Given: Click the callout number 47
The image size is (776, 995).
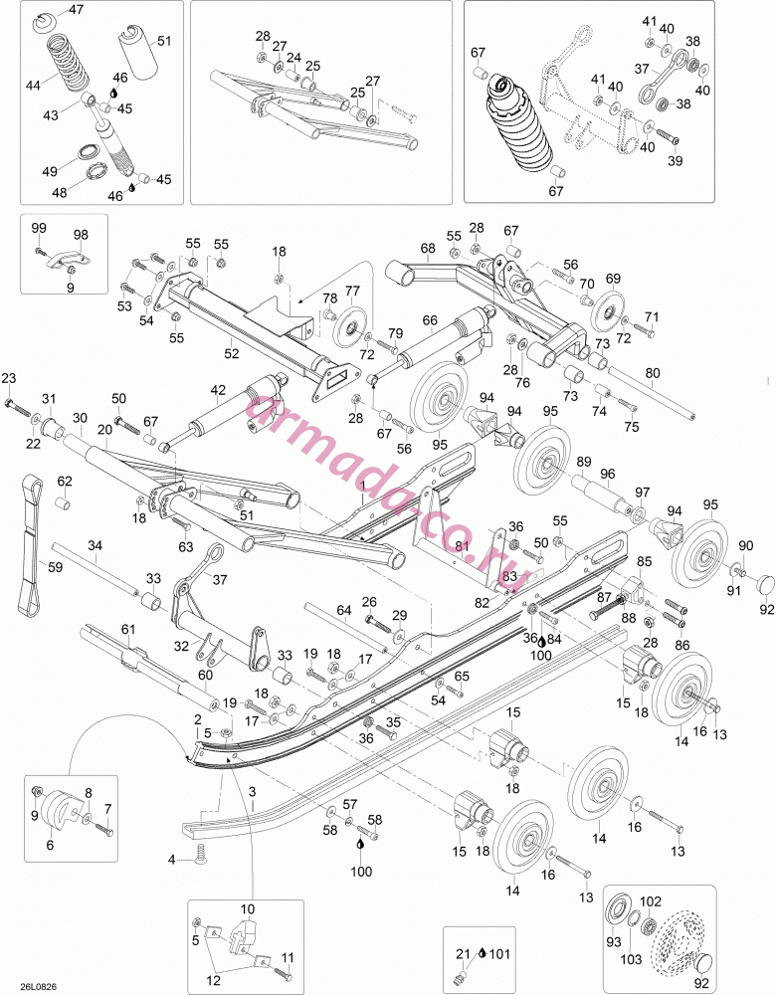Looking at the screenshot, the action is (x=77, y=10).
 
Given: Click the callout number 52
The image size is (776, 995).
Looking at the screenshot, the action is (x=232, y=353).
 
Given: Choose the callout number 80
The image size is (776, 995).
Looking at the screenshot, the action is (x=653, y=373).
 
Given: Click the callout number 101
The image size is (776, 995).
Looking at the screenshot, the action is (x=500, y=954).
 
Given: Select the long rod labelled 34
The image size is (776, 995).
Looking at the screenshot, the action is (x=96, y=568).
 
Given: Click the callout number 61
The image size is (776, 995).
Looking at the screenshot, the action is (x=128, y=630).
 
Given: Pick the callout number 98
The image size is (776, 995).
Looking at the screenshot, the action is (x=81, y=235).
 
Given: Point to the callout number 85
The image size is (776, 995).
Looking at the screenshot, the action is (x=644, y=561).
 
